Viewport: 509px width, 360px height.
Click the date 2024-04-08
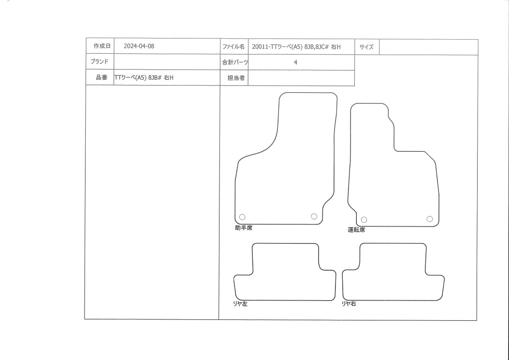point(139,46)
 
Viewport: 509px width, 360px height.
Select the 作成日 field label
point(102,46)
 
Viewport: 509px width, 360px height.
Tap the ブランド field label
point(99,61)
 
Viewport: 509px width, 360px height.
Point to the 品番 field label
point(102,77)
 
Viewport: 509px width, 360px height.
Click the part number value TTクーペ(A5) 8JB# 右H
point(144,78)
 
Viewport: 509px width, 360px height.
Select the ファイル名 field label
point(233,47)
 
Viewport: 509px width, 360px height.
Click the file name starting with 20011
point(296,47)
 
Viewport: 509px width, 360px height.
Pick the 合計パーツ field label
point(235,62)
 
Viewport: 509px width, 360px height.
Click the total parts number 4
point(295,62)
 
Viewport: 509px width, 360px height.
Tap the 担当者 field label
point(236,78)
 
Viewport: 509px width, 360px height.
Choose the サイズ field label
point(366,47)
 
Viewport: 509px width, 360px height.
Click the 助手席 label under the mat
point(244,228)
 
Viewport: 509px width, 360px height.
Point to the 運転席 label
point(356,230)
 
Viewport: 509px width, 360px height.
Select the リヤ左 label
point(240,304)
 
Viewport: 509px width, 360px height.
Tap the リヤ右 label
point(349,303)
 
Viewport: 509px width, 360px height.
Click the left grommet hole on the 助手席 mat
point(242,217)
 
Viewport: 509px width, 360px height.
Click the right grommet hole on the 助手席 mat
point(314,216)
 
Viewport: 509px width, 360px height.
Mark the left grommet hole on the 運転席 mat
point(364,220)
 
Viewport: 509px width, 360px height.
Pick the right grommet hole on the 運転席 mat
point(429,219)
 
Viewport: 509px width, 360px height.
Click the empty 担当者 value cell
point(301,78)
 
